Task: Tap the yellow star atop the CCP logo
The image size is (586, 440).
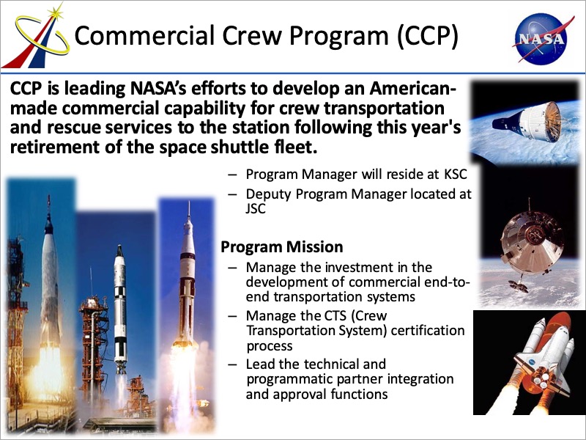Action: tap(56, 13)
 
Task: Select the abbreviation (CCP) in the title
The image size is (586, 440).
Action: tap(428, 37)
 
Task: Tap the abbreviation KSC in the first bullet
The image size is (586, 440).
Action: tap(456, 175)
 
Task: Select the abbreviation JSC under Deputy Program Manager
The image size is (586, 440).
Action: tap(256, 208)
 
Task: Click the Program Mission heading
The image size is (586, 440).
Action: tap(282, 247)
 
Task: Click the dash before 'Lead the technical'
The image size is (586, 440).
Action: tap(232, 364)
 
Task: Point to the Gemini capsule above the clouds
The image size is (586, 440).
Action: tap(527, 122)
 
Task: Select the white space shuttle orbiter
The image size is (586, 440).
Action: tap(542, 359)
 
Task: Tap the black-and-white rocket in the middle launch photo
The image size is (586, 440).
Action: tap(120, 307)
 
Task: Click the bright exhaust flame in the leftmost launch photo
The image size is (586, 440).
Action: tap(47, 374)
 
